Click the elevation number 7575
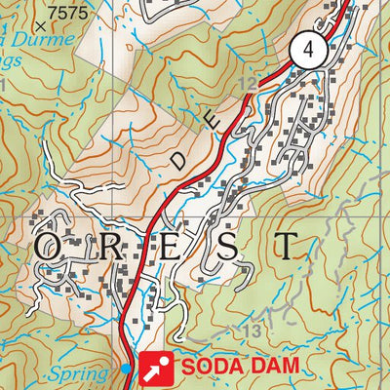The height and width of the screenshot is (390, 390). coord(66,12)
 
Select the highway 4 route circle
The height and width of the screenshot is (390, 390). coord(308,51)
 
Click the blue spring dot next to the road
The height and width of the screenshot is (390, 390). coord(127,368)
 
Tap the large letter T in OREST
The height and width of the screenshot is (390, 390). coord(286,245)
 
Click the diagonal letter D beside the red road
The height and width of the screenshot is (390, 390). coord(177,159)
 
